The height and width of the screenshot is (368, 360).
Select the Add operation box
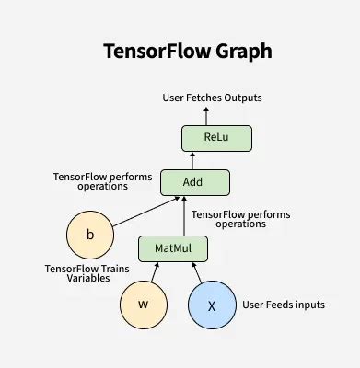[x=192, y=182]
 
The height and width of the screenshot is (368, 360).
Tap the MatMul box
[x=172, y=248]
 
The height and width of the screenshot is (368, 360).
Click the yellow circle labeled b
[x=90, y=235]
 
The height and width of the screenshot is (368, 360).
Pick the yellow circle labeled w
[x=143, y=305]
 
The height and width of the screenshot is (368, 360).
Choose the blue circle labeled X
[x=212, y=305]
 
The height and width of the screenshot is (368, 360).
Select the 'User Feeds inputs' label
[x=284, y=305]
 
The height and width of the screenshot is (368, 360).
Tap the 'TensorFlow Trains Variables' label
[x=87, y=273]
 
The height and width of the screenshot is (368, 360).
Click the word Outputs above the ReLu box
[x=243, y=98]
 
